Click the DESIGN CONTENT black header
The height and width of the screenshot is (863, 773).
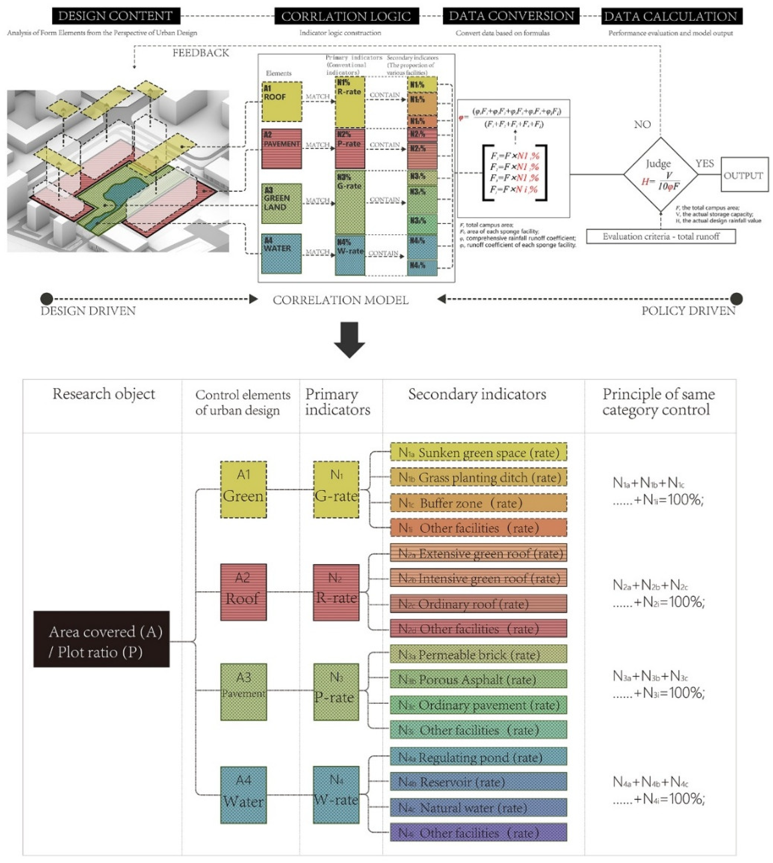116,16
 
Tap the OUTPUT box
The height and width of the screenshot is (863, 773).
744,175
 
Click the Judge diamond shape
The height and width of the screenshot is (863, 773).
660,174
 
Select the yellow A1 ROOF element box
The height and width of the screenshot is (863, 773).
282,102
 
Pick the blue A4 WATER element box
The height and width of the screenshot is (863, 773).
281,254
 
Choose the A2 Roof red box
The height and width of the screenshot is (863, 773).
243,592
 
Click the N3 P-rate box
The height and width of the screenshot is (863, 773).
336,692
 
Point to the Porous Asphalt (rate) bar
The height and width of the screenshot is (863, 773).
478,680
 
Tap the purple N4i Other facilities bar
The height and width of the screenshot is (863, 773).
478,833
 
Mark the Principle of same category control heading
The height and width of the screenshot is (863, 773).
658,402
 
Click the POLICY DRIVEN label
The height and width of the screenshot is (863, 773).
688,311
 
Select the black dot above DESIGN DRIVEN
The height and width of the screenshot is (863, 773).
47,299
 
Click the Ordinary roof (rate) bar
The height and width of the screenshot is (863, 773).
478,603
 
